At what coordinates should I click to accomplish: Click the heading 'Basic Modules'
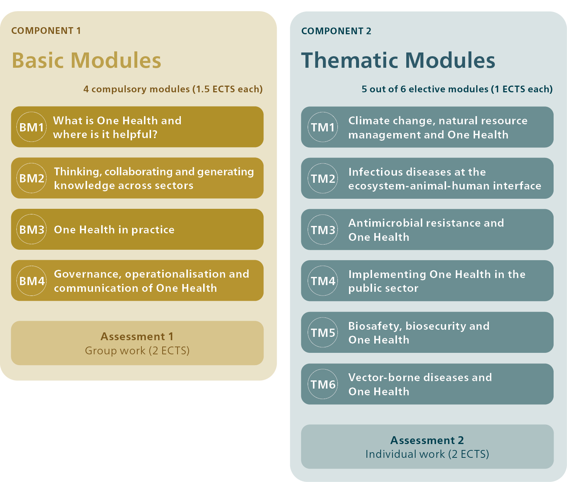(x=86, y=60)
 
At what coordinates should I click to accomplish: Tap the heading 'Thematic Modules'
(x=398, y=60)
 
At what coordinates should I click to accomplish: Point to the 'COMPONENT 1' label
(x=46, y=31)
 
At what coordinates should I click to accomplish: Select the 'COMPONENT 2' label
(x=336, y=31)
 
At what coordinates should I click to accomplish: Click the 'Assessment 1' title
(x=137, y=336)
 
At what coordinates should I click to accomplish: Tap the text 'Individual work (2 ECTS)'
(x=427, y=454)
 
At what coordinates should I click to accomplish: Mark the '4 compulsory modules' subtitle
(x=136, y=89)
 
